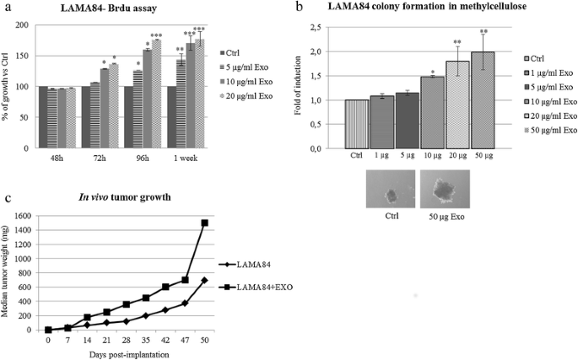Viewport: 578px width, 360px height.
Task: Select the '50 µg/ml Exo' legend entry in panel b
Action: tap(552, 130)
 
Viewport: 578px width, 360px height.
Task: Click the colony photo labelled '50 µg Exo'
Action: tap(444, 191)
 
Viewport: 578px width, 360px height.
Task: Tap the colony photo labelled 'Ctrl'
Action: tap(391, 191)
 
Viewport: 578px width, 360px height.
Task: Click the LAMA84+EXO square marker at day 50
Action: tap(205, 223)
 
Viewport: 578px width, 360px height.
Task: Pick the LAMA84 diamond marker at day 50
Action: tap(205, 279)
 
